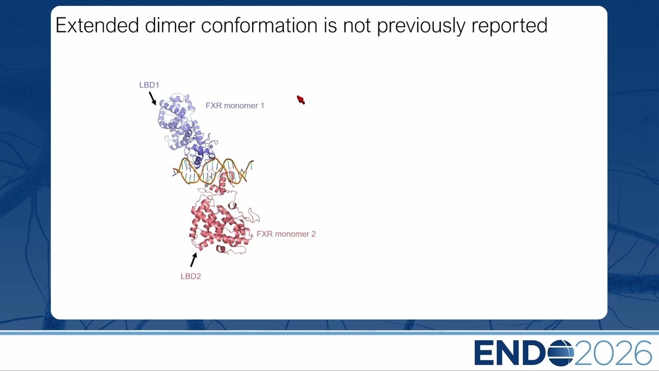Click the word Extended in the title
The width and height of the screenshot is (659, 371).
(x=97, y=25)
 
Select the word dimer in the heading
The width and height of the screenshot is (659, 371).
(x=170, y=25)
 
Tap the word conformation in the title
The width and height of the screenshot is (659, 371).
(x=259, y=25)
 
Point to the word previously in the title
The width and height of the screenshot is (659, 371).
(x=421, y=26)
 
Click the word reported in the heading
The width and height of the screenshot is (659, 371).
(x=509, y=26)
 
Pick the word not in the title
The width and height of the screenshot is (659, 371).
(x=357, y=26)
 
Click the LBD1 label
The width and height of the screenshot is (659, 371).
(x=149, y=85)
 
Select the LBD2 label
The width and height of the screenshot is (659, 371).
(x=190, y=277)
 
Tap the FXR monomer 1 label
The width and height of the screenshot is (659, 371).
(x=235, y=106)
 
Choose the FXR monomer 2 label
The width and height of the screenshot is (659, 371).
(x=286, y=234)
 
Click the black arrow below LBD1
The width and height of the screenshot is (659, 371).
(x=152, y=98)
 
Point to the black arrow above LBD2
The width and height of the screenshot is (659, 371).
(x=194, y=260)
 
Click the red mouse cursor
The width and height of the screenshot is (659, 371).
(x=300, y=99)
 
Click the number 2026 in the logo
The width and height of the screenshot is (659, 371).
(x=613, y=353)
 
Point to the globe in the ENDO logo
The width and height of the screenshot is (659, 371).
(x=561, y=353)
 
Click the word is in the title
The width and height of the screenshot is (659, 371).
(x=331, y=25)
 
